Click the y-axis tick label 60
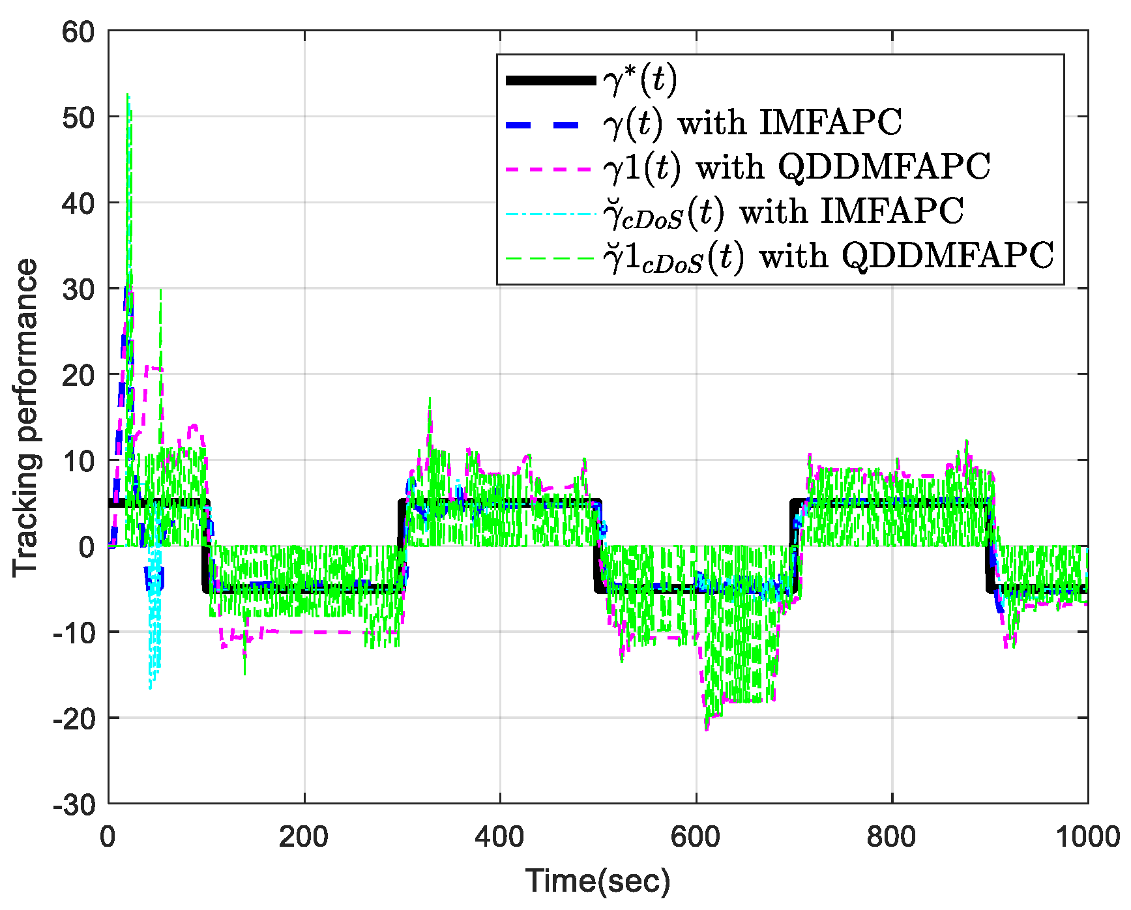click(x=78, y=31)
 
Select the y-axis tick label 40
click(x=78, y=203)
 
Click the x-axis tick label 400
click(x=499, y=837)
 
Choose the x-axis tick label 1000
click(x=1087, y=837)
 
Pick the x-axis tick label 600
click(x=696, y=837)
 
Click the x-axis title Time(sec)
click(x=598, y=881)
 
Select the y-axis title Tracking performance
click(x=26, y=417)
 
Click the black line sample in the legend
click(x=551, y=81)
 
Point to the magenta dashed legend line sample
click(x=551, y=168)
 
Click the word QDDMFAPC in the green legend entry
click(x=947, y=256)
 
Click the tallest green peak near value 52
click(x=128, y=96)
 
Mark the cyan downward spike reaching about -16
click(x=151, y=686)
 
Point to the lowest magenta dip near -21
click(x=707, y=729)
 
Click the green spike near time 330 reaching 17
click(x=430, y=399)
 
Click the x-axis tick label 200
click(x=304, y=837)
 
